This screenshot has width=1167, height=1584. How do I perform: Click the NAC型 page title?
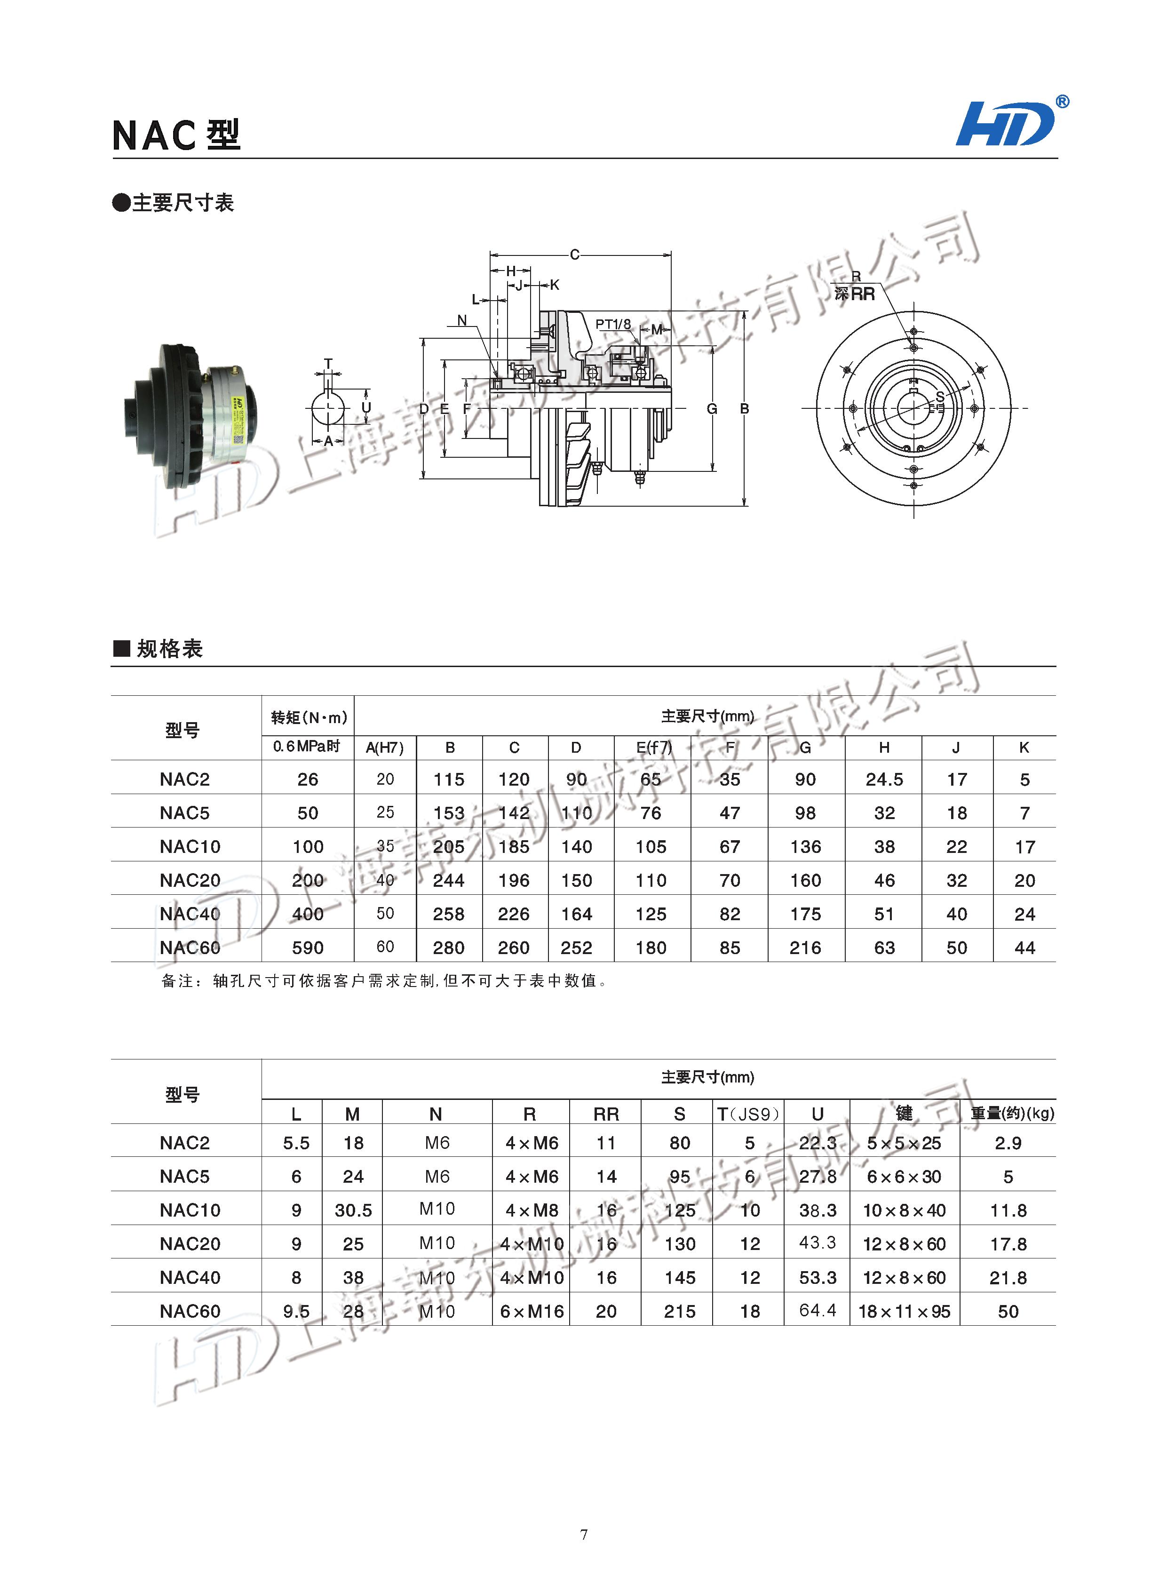(176, 135)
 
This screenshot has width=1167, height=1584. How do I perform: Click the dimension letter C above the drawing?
(574, 255)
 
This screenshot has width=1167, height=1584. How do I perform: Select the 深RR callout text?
(854, 294)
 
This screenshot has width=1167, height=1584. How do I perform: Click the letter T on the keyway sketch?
(328, 364)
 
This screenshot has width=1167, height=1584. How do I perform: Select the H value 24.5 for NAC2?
(884, 779)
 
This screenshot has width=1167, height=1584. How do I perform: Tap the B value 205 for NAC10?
(449, 846)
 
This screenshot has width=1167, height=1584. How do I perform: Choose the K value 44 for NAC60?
(1024, 947)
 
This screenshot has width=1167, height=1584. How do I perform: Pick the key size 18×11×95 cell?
(904, 1311)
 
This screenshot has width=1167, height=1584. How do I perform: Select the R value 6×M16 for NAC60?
(531, 1311)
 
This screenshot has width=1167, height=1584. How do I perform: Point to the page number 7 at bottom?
(583, 1534)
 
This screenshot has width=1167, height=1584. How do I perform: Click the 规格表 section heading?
(169, 649)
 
